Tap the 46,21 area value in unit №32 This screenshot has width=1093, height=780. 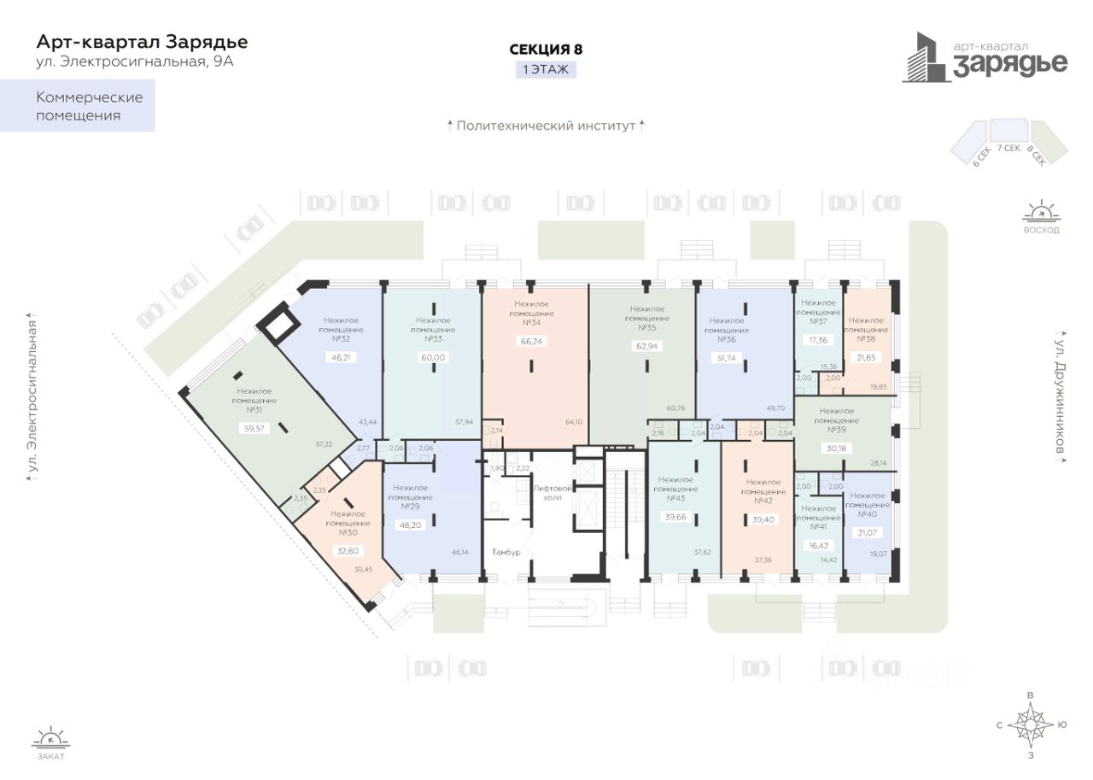click(x=340, y=357)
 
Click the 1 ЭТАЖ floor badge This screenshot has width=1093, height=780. click(x=545, y=69)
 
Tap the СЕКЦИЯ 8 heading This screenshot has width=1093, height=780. click(x=545, y=50)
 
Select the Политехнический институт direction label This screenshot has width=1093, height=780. click(x=546, y=126)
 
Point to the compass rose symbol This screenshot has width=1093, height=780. click(x=1032, y=724)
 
